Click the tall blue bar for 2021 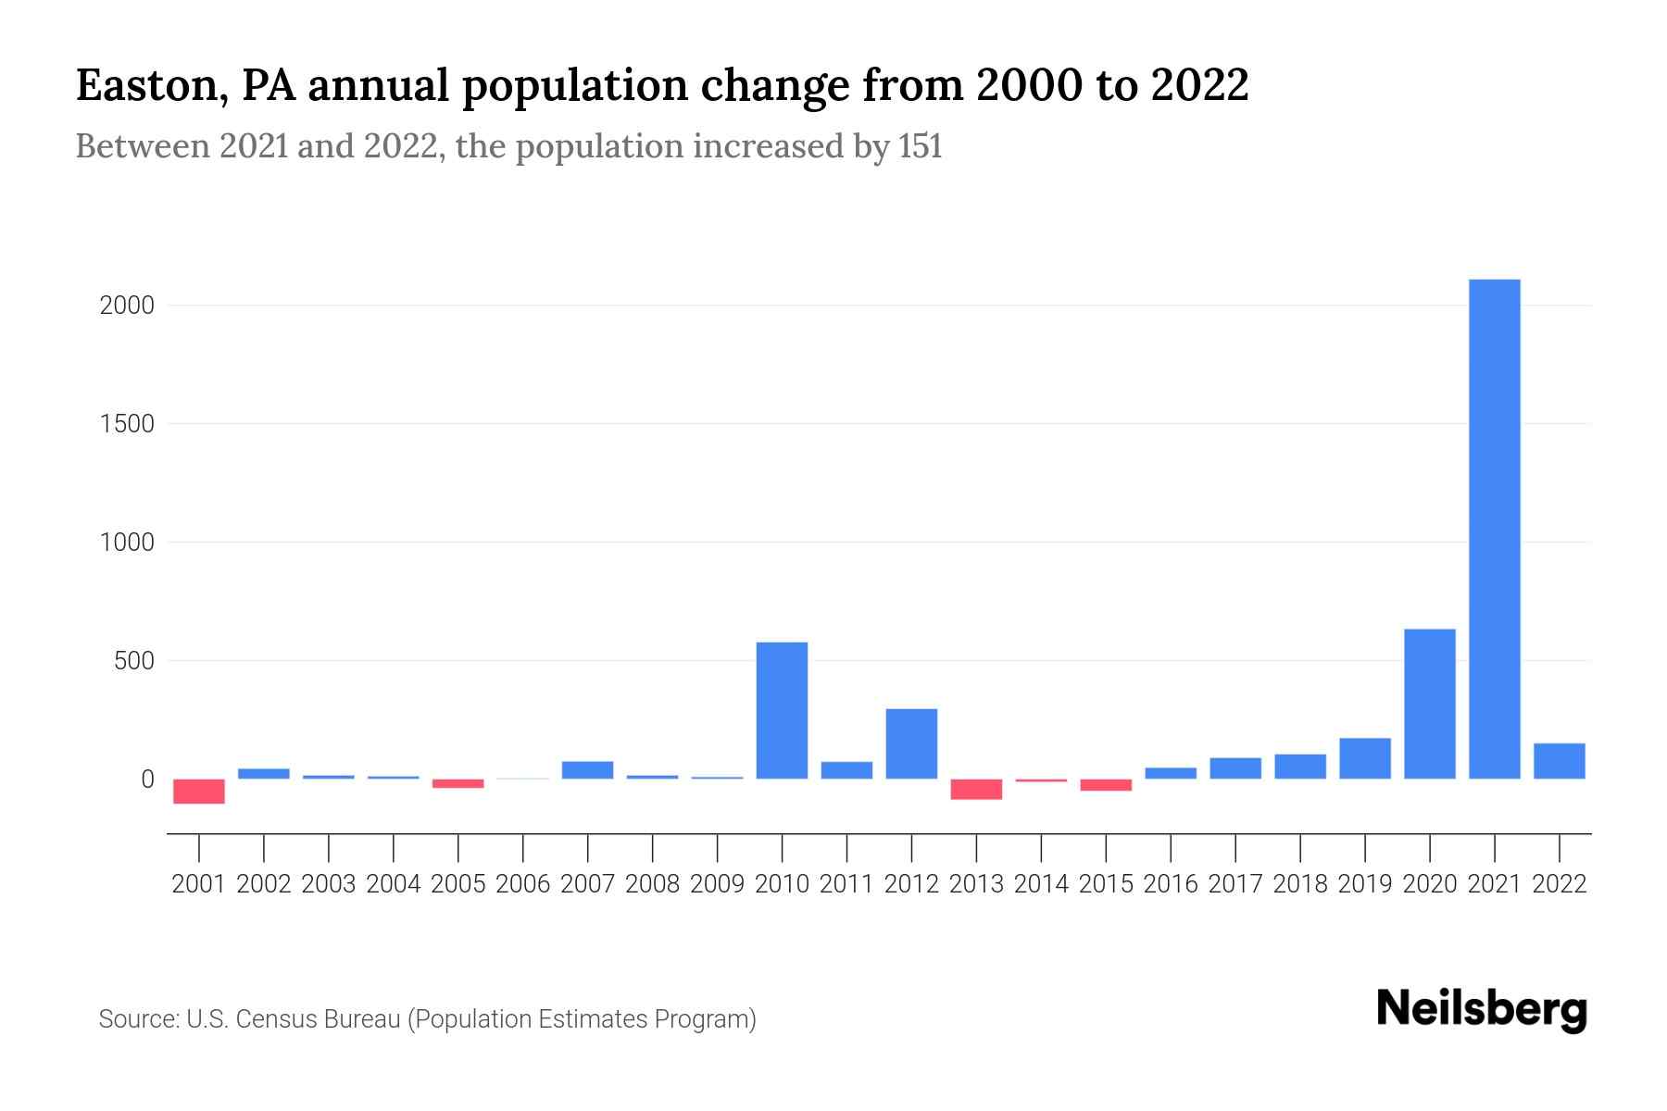[x=1494, y=528]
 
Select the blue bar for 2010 [x=782, y=710]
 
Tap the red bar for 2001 [x=199, y=791]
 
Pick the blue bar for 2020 [x=1429, y=704]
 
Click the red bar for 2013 [x=976, y=789]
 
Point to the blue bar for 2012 [x=911, y=743]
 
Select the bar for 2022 [x=1559, y=760]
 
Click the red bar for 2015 [x=1106, y=784]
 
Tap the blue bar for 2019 [x=1364, y=757]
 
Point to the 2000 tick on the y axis [x=126, y=306]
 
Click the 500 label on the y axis [x=133, y=661]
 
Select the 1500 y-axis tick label [x=126, y=424]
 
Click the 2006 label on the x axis [x=522, y=884]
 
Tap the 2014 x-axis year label [x=1041, y=884]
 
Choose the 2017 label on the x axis [x=1235, y=884]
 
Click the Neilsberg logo [x=1482, y=1009]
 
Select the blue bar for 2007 [x=587, y=769]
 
